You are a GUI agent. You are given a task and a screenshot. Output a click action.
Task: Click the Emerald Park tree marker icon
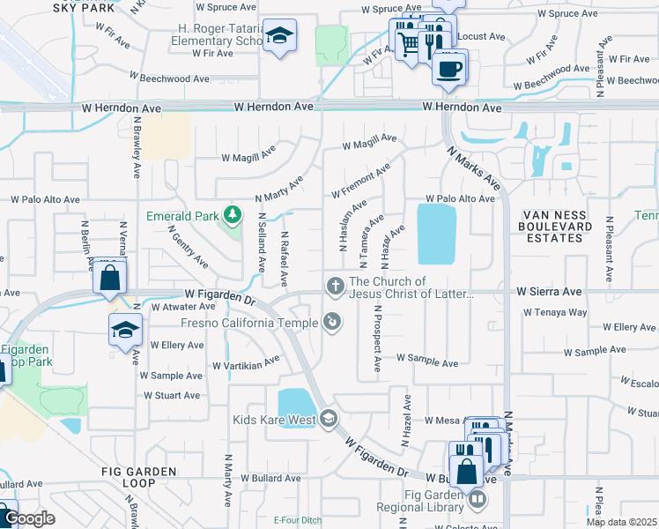[232, 214]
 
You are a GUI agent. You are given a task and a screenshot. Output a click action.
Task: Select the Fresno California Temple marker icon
[332, 322]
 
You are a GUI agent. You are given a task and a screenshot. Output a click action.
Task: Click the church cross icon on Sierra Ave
[335, 285]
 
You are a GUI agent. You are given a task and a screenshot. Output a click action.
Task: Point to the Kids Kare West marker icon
[329, 417]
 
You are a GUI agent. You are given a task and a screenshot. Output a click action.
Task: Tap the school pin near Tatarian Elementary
[280, 36]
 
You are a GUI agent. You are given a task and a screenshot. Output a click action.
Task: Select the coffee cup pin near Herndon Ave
[448, 67]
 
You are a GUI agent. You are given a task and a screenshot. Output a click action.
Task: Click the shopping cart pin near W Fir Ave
[406, 41]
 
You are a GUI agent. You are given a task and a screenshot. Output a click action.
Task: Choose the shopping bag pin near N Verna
[109, 279]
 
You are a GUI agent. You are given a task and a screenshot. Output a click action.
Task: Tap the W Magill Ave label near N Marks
[370, 141]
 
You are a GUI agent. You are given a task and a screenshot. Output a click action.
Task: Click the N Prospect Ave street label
[377, 338]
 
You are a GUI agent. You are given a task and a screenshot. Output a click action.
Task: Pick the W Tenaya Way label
[555, 312]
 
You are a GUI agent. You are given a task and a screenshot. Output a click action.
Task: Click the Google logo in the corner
[29, 519]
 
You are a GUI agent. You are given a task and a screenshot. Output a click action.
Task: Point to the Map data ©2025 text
[621, 522]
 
